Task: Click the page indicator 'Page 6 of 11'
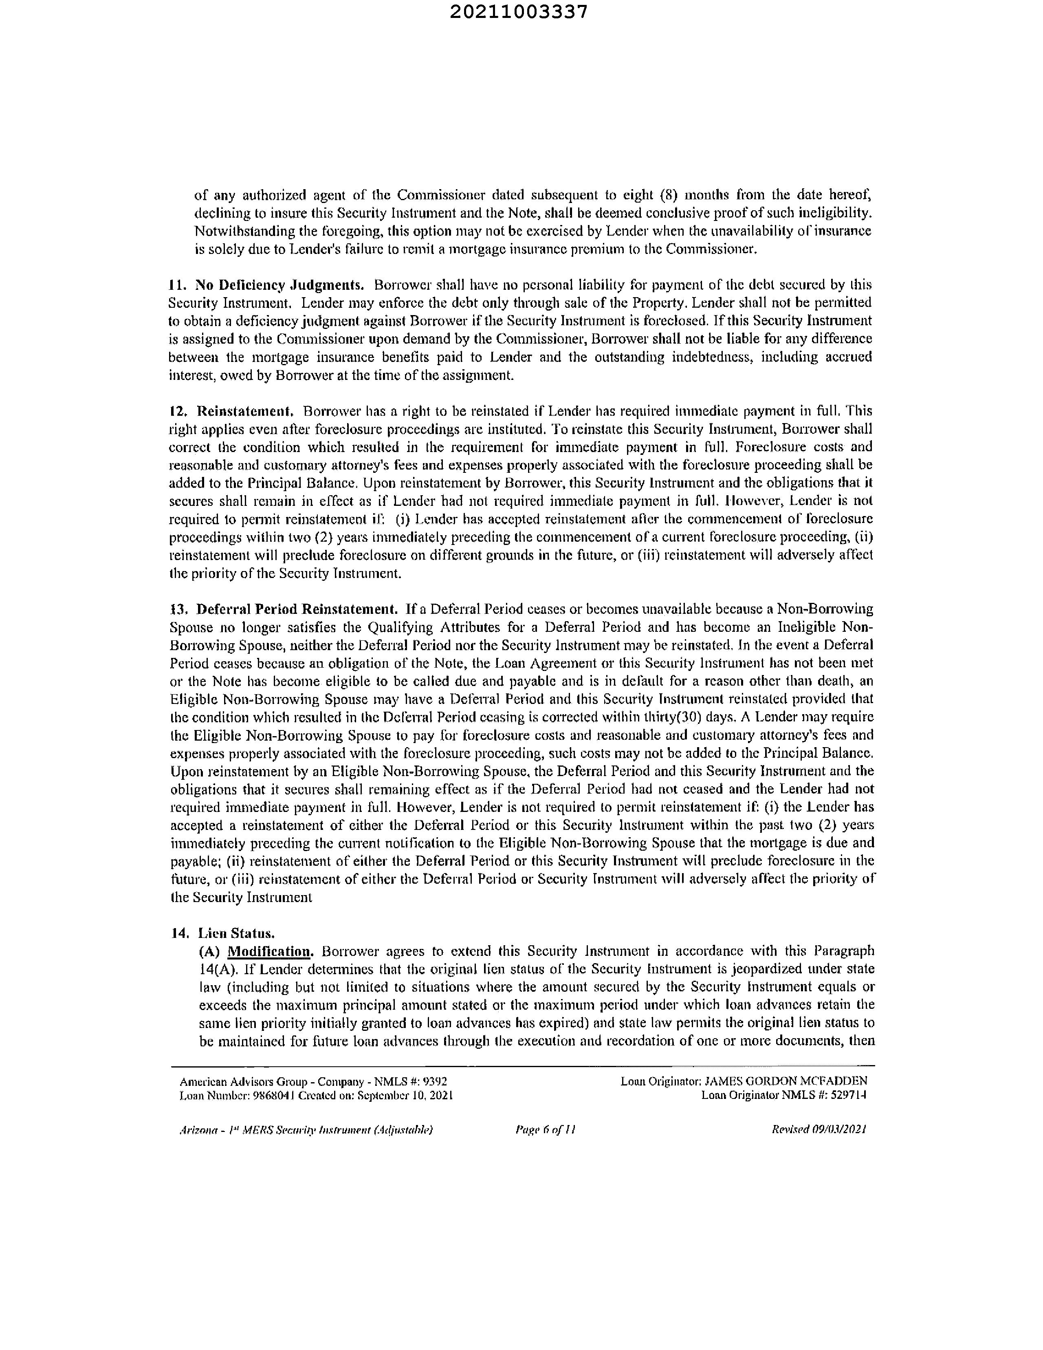pos(545,1129)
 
